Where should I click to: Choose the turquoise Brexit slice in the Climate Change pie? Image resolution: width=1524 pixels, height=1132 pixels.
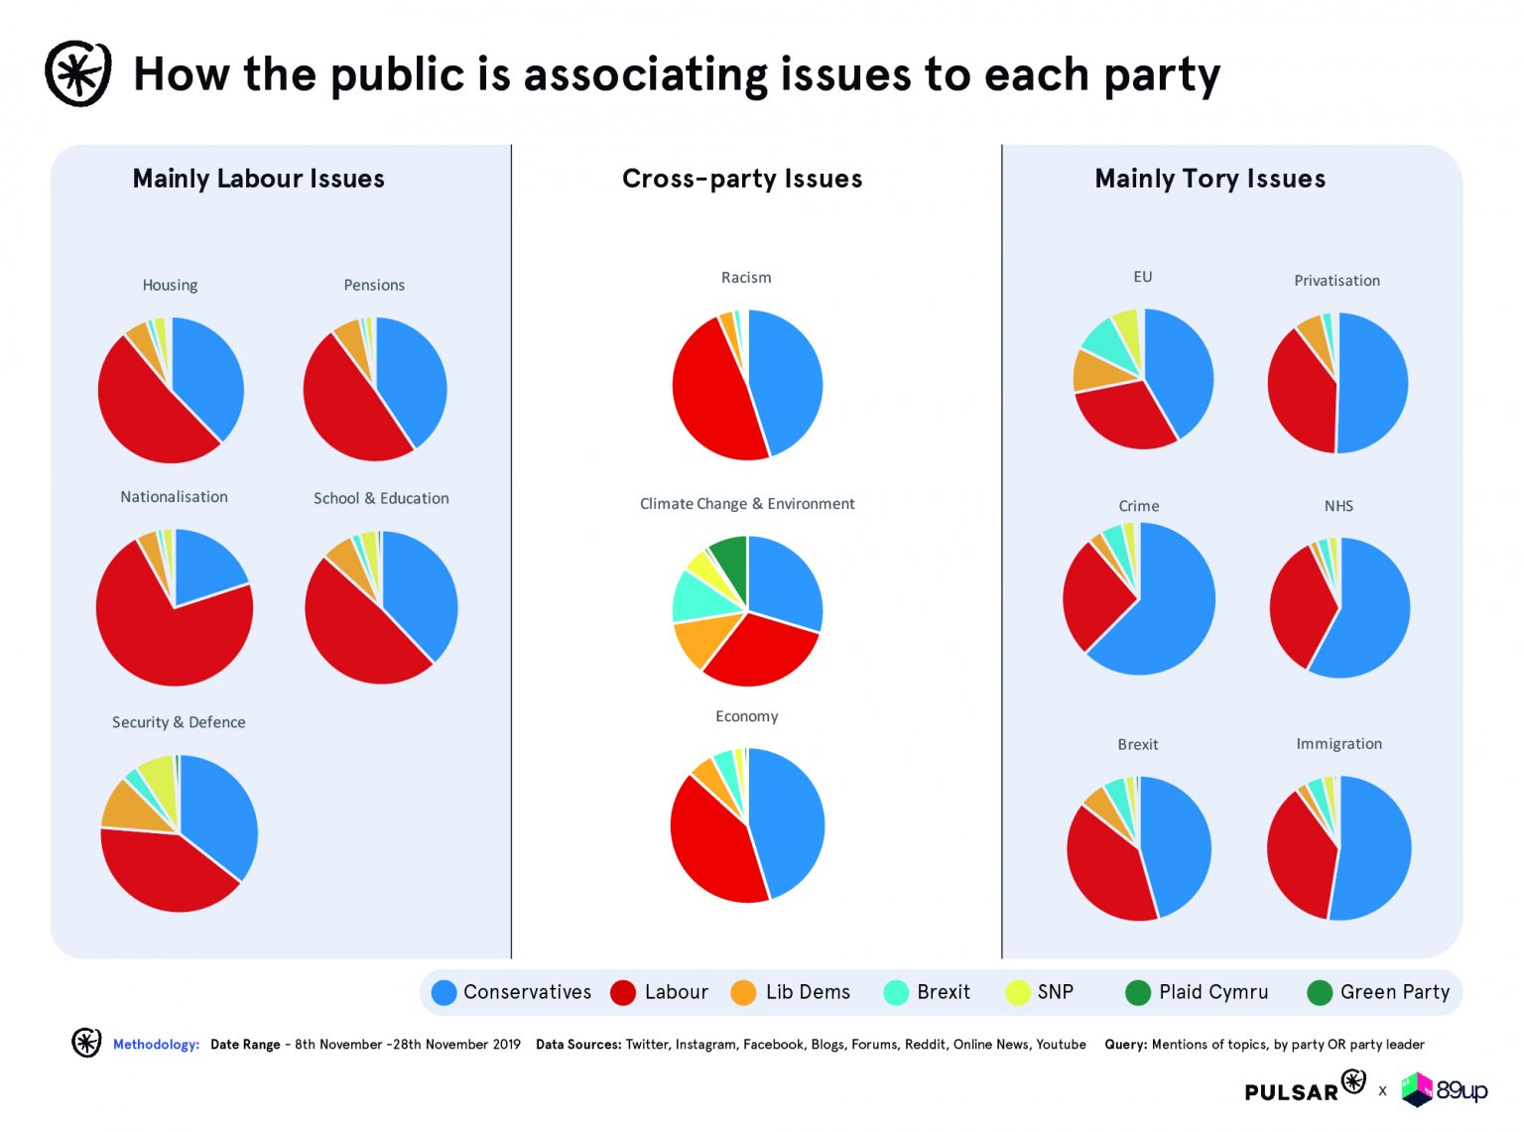(695, 592)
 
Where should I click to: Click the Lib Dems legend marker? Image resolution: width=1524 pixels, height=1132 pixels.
(743, 992)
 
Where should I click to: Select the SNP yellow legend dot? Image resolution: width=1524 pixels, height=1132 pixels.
(1018, 992)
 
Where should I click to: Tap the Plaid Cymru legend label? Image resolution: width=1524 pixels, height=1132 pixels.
(1212, 992)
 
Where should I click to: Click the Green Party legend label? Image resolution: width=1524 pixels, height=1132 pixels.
(1394, 992)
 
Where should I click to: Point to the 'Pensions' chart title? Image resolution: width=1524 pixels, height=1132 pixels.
(374, 285)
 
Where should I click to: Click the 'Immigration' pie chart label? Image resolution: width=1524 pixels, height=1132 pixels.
(1338, 743)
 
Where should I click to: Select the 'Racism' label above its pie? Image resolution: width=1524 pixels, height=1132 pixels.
(746, 278)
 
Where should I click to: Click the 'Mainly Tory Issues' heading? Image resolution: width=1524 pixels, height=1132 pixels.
(1209, 179)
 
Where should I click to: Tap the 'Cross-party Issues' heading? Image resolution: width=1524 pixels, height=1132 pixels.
(742, 179)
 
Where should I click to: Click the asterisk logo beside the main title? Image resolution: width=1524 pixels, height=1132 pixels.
(78, 73)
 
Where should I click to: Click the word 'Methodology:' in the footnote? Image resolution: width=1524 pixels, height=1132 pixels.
(156, 1044)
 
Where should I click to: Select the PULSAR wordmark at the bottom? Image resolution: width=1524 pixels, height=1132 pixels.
(1292, 1091)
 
